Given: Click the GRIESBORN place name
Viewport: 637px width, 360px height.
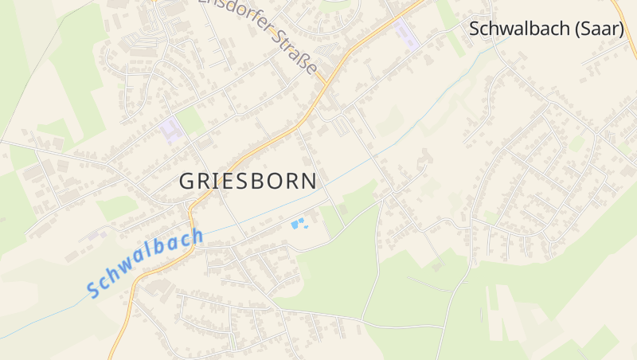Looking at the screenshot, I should point(248,181).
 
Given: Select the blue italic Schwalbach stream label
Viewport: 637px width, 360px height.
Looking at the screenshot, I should point(146,262).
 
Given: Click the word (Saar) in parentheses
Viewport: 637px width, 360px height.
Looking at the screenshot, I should point(599,29).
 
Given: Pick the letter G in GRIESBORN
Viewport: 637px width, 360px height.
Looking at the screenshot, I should point(186,181).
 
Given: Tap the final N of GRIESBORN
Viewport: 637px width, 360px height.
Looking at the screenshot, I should point(309,181).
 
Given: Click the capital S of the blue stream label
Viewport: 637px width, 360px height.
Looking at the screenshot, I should point(96,288).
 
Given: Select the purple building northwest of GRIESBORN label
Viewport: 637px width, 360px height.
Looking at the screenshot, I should point(170,129).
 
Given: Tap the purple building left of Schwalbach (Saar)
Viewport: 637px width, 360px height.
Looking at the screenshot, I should point(404,33).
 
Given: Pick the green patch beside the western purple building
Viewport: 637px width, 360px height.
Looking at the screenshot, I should point(191,121).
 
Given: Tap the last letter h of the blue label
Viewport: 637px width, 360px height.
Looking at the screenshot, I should point(196,236).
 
